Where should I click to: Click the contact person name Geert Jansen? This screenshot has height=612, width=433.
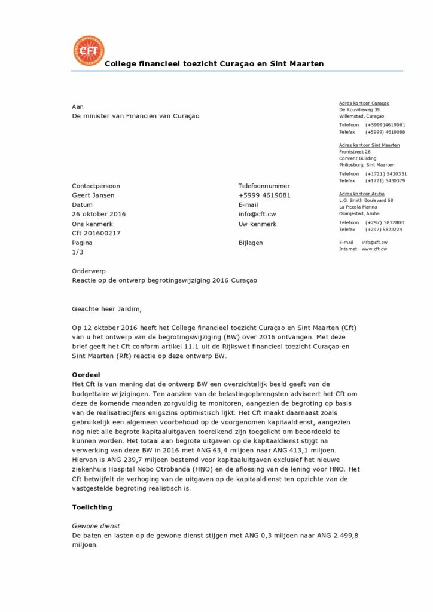point(93,195)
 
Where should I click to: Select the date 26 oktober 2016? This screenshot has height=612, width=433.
point(99,214)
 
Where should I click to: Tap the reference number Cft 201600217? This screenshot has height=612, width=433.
point(96,233)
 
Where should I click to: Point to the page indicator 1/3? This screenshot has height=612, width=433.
point(78,252)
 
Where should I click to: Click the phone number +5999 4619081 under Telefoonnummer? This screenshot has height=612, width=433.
point(264,195)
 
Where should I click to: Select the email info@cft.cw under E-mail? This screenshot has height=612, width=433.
point(257,214)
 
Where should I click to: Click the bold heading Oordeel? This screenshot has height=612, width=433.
point(86,374)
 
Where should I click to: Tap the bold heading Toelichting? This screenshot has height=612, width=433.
point(92,507)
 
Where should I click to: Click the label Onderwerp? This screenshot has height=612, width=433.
point(89,271)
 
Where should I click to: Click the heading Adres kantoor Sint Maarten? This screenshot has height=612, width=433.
point(369,145)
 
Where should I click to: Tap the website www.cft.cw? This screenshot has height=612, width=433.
point(374,249)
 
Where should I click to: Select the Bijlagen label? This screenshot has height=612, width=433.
point(251,243)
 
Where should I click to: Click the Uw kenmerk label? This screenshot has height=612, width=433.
point(257,224)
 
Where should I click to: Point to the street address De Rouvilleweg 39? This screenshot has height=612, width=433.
point(359,110)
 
